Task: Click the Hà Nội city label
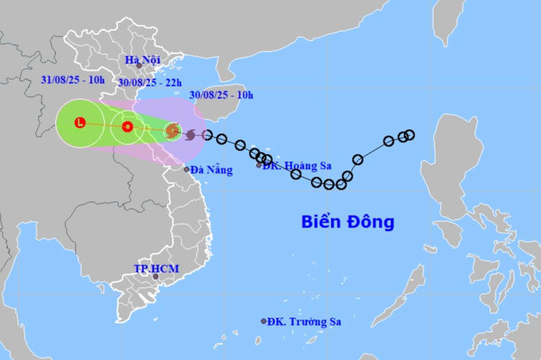[x=142, y=60]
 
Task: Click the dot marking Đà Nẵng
[x=186, y=169]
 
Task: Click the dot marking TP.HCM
[x=155, y=277]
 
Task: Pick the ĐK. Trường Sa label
[x=304, y=321]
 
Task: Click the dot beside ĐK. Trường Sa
[x=263, y=321]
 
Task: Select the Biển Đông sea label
[x=348, y=222]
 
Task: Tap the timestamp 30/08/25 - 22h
[x=149, y=82]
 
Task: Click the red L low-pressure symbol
[x=80, y=123]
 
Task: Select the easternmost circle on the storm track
[x=410, y=135]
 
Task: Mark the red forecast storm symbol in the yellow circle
[x=127, y=126]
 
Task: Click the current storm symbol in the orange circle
[x=173, y=130]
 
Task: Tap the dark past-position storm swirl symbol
[x=190, y=134]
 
